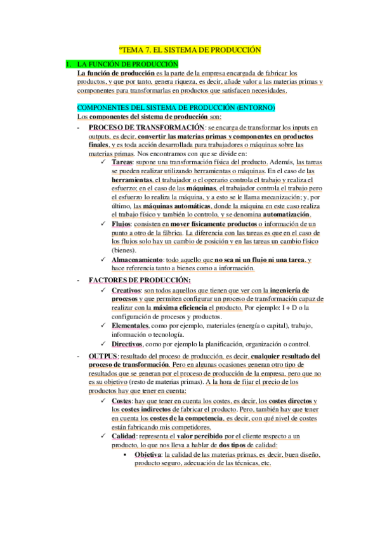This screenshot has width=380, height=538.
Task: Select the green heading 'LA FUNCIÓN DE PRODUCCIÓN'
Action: tap(128, 64)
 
